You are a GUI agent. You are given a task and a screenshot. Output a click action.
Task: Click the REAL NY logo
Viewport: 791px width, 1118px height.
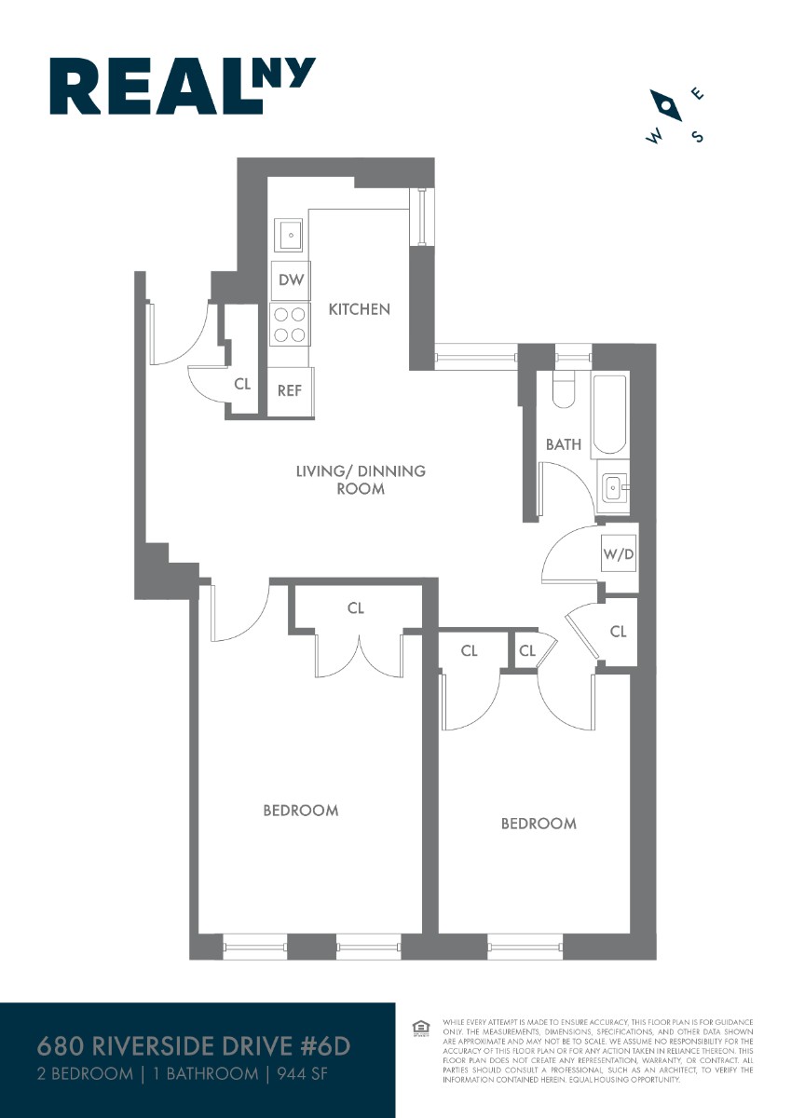pos(183,87)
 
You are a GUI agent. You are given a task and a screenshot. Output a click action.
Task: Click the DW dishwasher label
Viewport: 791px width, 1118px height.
pos(292,279)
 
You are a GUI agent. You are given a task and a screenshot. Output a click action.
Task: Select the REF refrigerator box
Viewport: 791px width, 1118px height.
pos(291,389)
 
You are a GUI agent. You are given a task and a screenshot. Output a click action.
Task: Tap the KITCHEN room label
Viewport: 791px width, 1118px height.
pos(359,308)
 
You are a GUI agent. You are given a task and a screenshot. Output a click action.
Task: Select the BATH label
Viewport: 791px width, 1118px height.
pos(563,444)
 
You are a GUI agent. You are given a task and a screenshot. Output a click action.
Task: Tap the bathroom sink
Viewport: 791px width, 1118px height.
pos(613,485)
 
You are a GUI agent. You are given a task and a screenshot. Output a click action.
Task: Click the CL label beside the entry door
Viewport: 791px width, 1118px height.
pos(242,382)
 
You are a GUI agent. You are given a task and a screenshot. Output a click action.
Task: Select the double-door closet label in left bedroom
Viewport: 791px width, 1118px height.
pos(355,608)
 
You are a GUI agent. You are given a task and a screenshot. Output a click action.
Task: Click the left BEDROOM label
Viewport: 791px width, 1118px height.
pos(300,810)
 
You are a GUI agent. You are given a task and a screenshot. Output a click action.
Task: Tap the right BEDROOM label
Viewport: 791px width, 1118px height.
pos(539,823)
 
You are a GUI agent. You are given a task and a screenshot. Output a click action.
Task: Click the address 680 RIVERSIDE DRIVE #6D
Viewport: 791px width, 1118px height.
pos(194,1046)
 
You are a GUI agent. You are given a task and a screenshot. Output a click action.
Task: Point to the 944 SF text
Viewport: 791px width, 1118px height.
pos(305,1074)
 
